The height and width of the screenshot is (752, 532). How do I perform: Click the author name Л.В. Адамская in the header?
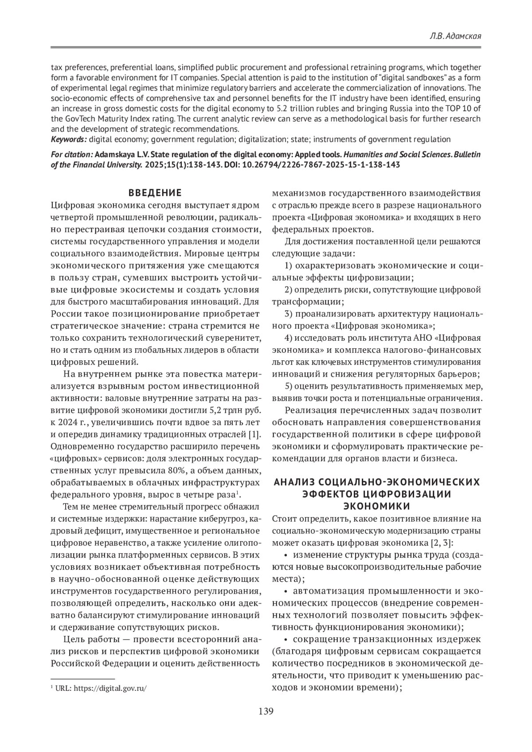coord(456,36)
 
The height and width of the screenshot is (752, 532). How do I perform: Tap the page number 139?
coord(266,712)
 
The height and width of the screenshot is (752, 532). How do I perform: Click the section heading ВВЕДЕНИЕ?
coord(155,193)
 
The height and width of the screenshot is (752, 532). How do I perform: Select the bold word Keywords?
coord(68,140)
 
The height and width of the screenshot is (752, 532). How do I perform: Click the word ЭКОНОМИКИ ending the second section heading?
coord(377,506)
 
